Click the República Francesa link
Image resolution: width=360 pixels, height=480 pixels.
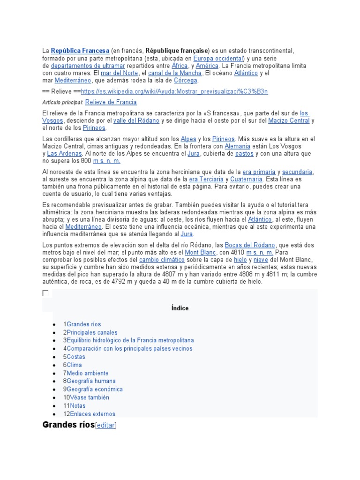(x=80, y=51)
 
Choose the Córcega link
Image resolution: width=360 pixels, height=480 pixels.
(x=186, y=81)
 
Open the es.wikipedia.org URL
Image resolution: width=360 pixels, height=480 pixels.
(x=174, y=91)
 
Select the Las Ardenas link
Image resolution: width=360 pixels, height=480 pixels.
(x=65, y=154)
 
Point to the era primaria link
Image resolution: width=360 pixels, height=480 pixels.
(x=259, y=172)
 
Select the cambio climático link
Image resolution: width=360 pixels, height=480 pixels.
(x=162, y=260)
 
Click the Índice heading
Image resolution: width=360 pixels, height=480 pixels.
(x=180, y=308)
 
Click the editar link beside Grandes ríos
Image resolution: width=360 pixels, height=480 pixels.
(x=105, y=426)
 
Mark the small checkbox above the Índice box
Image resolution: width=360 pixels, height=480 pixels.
(x=45, y=293)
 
